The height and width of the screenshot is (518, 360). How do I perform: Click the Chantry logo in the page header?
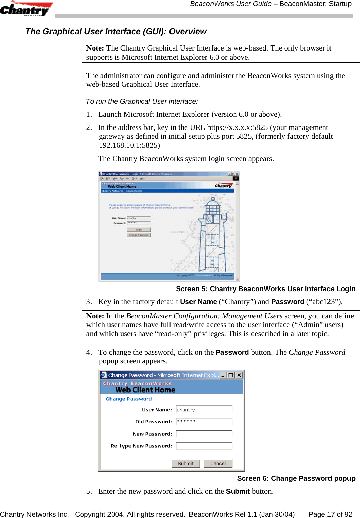(x=25, y=9)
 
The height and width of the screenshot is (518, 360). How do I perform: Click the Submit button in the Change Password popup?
(x=185, y=463)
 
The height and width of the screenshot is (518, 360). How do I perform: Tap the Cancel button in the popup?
(x=218, y=463)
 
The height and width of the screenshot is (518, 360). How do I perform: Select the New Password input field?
(x=204, y=434)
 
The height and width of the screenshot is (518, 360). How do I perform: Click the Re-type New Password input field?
(x=204, y=446)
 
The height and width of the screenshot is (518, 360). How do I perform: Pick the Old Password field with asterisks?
(x=204, y=421)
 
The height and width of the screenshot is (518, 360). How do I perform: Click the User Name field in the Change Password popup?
(x=204, y=410)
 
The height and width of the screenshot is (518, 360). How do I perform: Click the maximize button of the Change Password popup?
(x=231, y=375)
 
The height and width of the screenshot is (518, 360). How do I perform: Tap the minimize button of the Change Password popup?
(x=223, y=375)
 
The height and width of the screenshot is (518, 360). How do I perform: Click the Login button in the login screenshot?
(x=139, y=230)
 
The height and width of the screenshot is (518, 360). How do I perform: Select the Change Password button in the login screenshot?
(x=139, y=235)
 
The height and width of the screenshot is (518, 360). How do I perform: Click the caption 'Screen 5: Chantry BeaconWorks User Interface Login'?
(x=265, y=289)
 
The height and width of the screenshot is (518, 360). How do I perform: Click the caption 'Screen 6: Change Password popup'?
(x=296, y=478)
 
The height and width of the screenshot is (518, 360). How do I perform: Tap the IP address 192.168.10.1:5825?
(x=129, y=145)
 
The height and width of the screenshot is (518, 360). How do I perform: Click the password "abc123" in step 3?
(x=324, y=302)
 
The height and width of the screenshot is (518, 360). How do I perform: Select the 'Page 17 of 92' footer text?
(x=330, y=514)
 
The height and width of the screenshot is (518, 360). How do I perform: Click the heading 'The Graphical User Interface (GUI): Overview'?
(x=116, y=32)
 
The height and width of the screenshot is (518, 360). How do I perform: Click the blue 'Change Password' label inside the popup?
(x=128, y=399)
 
